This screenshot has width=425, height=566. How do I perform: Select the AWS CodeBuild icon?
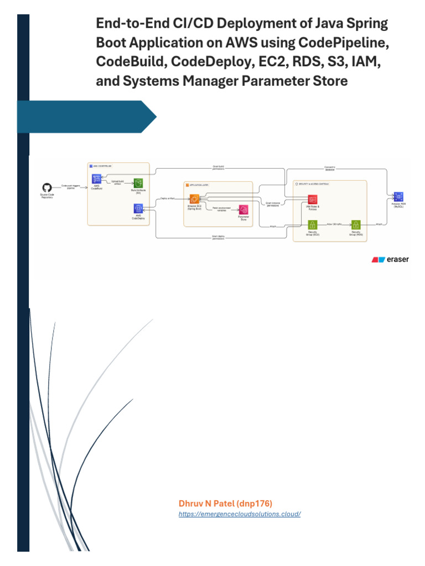tap(96, 179)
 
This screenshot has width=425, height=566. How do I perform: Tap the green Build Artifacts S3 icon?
tap(138, 183)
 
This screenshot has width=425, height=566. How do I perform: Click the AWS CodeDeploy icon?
tap(138, 208)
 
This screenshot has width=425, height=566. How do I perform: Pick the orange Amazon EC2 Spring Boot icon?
tap(194, 198)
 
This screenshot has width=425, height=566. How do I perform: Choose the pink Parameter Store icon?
tap(243, 209)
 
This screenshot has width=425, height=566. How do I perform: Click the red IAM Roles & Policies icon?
tap(312, 199)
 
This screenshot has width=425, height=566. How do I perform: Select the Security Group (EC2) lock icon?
tap(312, 224)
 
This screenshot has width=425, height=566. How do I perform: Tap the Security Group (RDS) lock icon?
tap(356, 224)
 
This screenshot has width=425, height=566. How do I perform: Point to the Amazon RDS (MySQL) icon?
tap(398, 196)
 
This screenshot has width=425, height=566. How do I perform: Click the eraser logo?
tap(390, 259)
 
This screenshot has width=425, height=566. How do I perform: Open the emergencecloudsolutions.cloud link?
tap(240, 514)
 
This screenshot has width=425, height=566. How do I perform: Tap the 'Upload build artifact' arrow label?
tap(117, 182)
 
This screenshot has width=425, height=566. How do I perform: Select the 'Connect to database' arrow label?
tap(330, 169)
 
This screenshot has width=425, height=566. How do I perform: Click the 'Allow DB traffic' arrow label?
tap(334, 224)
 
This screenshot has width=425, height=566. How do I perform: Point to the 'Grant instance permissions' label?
tap(273, 205)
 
